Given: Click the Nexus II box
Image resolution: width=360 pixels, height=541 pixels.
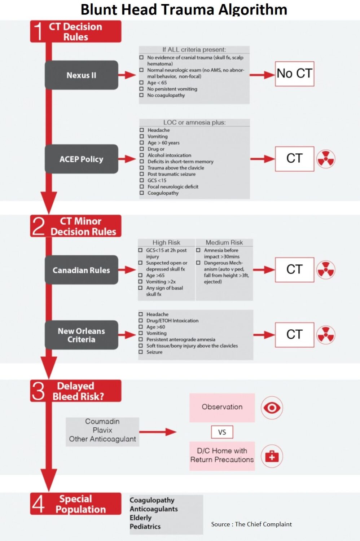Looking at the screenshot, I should coord(81,75).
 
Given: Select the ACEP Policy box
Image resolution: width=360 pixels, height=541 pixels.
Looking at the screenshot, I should coord(81,159).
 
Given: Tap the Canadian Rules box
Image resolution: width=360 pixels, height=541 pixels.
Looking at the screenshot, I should coord(81,270).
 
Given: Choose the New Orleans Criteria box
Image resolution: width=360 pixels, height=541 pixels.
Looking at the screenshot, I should coord(81,335).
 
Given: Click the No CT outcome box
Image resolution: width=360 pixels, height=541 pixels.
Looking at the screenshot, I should coord(294,74).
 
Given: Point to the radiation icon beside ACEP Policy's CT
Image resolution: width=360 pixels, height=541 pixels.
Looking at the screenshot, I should coord(326,159).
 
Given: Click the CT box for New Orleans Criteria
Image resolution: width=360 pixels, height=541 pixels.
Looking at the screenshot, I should coord(294,335).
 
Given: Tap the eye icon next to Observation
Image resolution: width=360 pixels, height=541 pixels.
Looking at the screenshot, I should coord(272,408).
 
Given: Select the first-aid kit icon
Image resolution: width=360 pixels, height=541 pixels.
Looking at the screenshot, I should coord(272,456).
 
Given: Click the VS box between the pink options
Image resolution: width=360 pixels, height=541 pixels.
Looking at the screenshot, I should coord(222,432).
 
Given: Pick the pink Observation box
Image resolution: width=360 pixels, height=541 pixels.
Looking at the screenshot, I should coord(222,407).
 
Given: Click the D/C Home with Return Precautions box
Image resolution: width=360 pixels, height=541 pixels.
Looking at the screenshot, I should coord(222,456).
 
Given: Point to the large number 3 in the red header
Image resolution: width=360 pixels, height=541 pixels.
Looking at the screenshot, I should coord(38,391).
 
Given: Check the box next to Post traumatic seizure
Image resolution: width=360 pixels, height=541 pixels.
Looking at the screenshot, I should coord(142,174).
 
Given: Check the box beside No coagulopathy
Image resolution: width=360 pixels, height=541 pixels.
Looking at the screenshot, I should coord(141,95).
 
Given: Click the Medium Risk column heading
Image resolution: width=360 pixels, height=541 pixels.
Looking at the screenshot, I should coord(224,242).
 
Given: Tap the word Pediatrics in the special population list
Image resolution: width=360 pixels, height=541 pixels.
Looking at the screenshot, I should coord(145,527).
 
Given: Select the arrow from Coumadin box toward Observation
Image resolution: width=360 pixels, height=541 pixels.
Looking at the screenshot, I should coord(158,432).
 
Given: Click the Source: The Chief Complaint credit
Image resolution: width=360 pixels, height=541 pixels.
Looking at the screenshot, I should coord(251,524).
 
